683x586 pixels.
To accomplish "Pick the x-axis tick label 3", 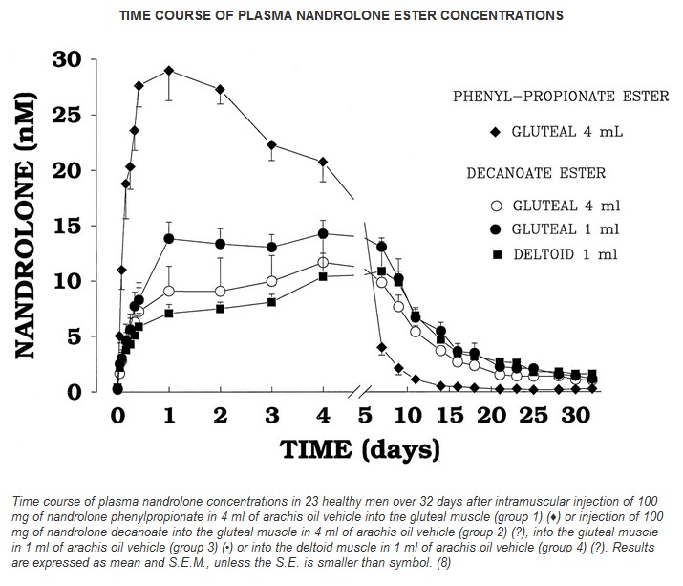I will tap(271, 417).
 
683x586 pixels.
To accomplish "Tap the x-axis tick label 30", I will tap(573, 417).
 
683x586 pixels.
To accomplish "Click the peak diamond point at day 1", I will tap(169, 71).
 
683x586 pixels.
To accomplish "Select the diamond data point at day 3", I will tap(272, 145).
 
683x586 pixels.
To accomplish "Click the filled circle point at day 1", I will tap(169, 238).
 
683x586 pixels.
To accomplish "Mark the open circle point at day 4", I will tap(323, 262).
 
